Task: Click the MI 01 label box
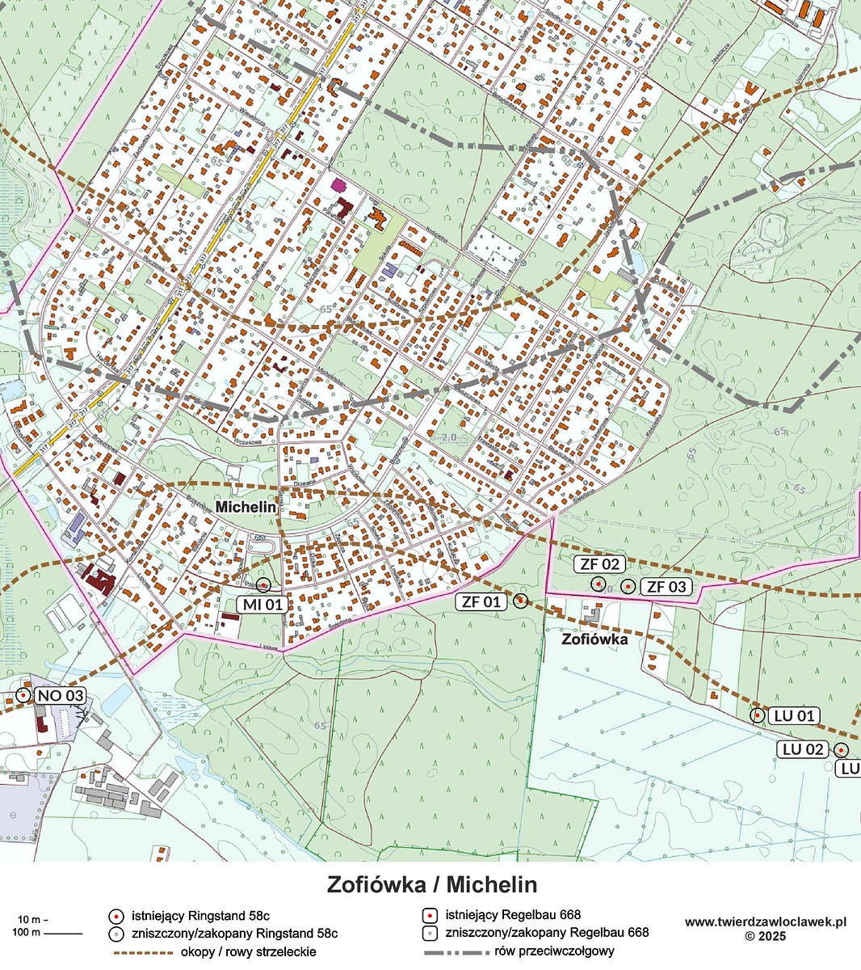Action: (261, 604)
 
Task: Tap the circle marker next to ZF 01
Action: (520, 600)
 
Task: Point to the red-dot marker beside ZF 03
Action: (628, 586)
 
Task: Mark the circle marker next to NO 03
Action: (23, 695)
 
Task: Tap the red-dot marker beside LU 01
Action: (758, 715)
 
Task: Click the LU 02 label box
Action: (803, 749)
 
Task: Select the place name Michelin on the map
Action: (246, 508)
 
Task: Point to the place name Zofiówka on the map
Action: (594, 639)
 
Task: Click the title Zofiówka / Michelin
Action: (431, 884)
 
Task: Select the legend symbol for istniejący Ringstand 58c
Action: (116, 916)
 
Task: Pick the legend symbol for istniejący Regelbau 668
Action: (430, 916)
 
